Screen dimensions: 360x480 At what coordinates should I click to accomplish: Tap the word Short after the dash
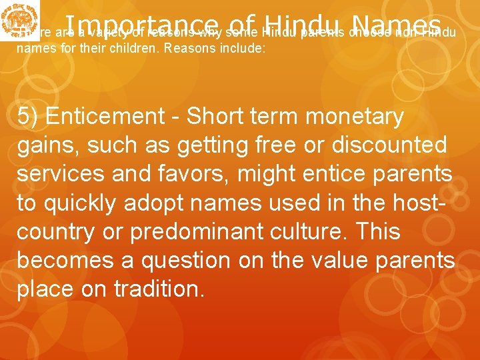(217, 116)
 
